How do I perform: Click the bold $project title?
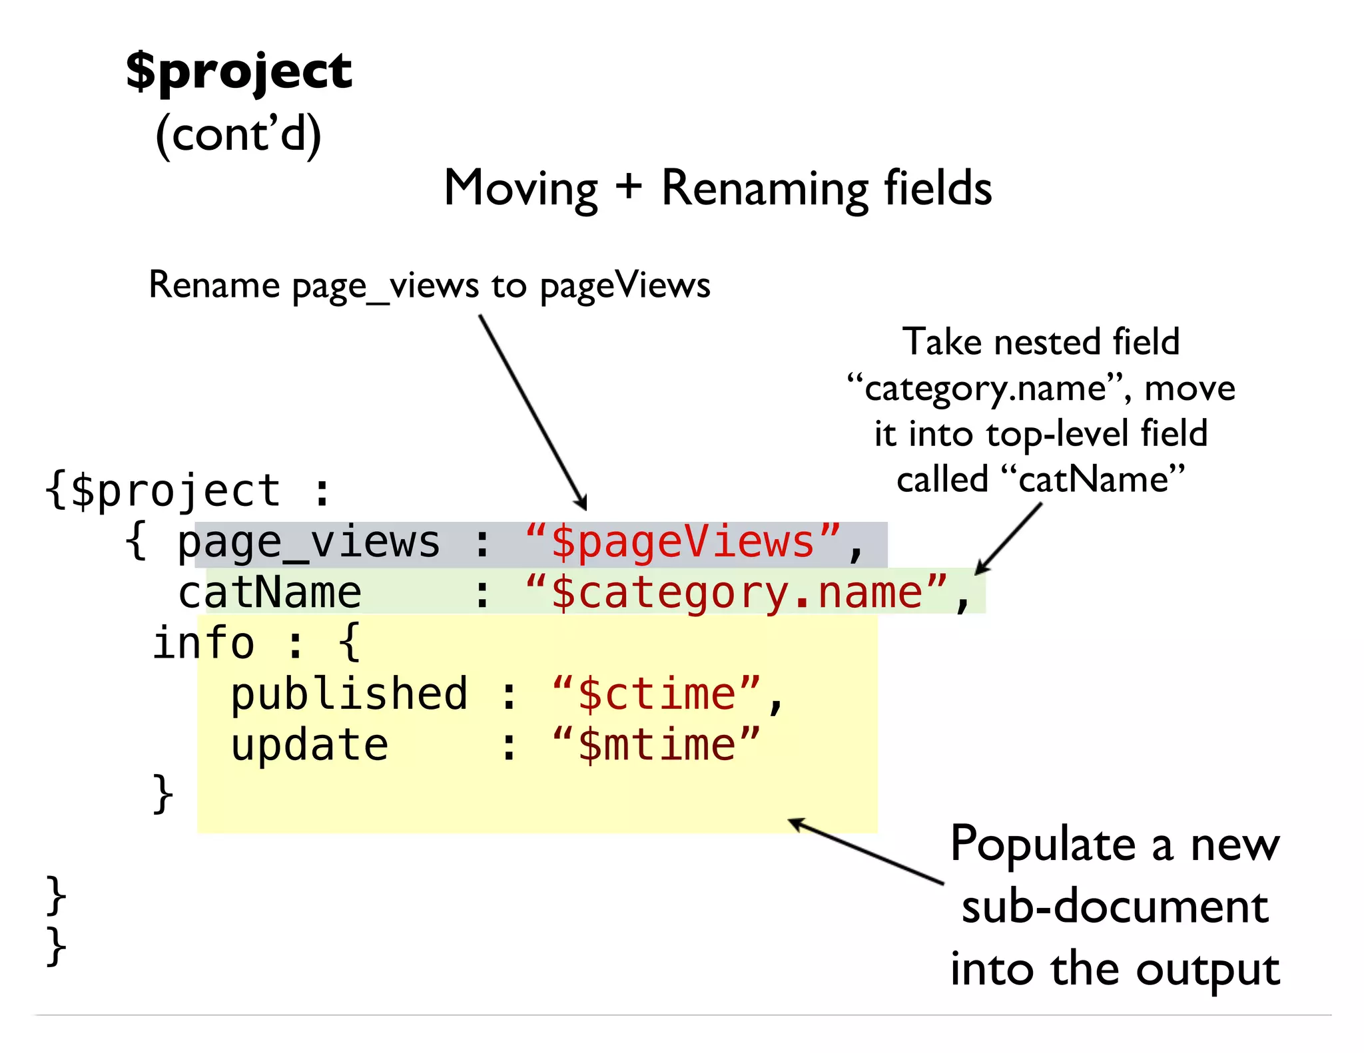pos(238,71)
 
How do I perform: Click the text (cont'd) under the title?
pos(238,134)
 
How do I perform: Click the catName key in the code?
pos(270,592)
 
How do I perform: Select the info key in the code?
pos(203,644)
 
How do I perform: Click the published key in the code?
pos(349,694)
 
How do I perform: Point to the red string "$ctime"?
pos(656,694)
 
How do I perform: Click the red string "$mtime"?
pos(656,745)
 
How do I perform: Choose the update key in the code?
pos(309,745)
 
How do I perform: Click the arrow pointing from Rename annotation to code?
pos(533,413)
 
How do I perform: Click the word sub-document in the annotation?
pos(1115,907)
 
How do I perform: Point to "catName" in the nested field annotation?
pos(1093,479)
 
